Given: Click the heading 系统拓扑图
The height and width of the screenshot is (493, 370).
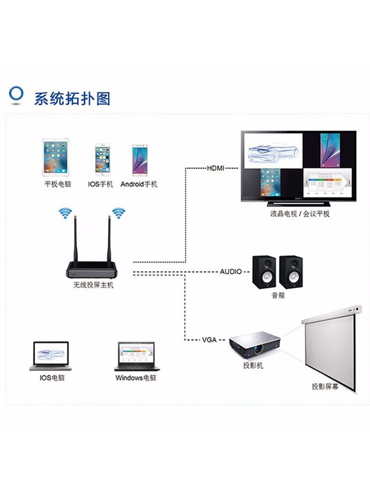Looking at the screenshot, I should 72,98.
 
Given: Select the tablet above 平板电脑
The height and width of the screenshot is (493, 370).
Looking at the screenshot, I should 55,157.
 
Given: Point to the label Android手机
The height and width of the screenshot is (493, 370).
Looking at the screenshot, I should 139,184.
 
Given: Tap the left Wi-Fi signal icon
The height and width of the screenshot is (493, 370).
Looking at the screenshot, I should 65,213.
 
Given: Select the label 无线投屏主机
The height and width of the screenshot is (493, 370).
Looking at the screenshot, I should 93,285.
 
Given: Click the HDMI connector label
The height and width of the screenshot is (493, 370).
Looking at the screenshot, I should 215,168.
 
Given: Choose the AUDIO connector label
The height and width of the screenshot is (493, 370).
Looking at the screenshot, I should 230,272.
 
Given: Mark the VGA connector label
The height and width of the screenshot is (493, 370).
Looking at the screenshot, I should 209,340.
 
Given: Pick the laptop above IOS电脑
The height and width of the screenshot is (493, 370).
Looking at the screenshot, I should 50,355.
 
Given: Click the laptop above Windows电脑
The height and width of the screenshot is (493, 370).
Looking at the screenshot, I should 136,356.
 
